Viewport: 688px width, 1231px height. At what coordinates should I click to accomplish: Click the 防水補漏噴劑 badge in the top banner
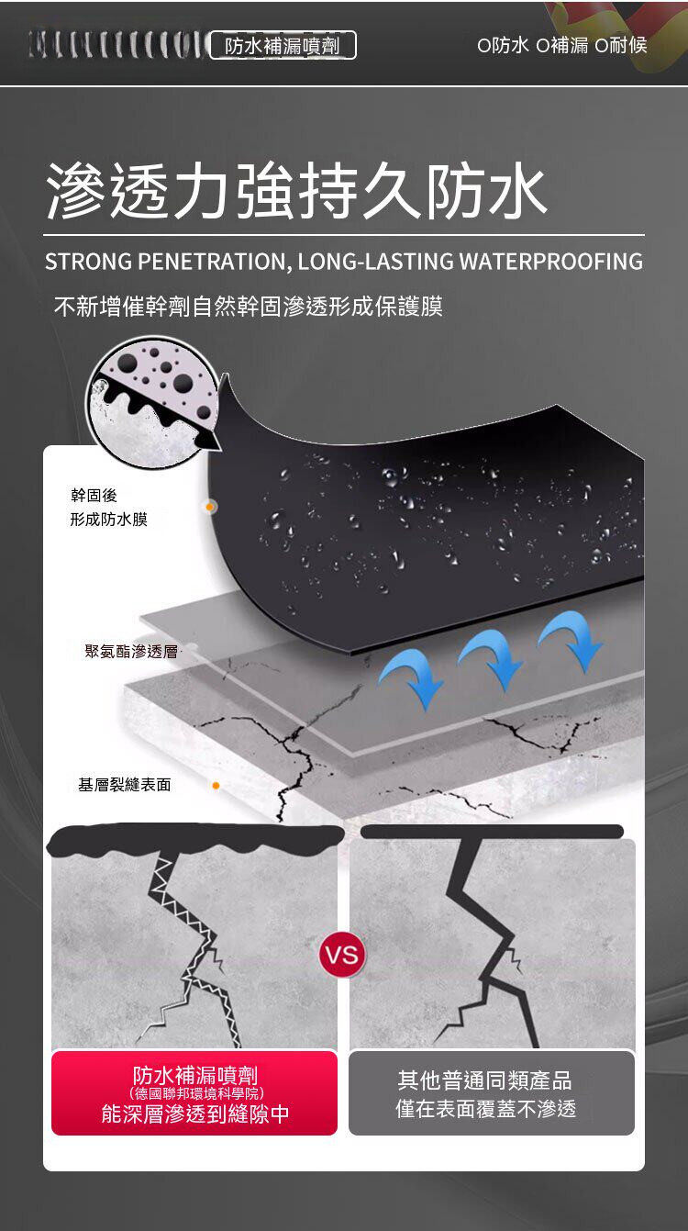[x=283, y=46]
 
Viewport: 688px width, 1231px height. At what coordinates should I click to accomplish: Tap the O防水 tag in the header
[x=503, y=46]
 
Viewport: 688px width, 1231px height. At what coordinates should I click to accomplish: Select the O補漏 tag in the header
[x=561, y=46]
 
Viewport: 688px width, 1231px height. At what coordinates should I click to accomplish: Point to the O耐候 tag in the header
[x=621, y=46]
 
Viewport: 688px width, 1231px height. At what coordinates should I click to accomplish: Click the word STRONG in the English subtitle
[x=88, y=262]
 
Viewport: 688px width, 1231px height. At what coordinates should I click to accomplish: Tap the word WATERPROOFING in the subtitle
[x=550, y=262]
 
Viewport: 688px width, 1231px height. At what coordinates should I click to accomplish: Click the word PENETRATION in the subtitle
[x=215, y=262]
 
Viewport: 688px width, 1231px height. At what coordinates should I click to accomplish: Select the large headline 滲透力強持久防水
[x=296, y=190]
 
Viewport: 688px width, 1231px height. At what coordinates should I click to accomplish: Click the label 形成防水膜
[x=109, y=520]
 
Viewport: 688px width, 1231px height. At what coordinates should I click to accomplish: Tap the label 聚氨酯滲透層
[x=131, y=651]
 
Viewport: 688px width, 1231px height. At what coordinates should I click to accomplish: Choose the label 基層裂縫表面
[x=124, y=785]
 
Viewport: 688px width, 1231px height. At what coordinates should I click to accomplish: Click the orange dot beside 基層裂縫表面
[x=216, y=786]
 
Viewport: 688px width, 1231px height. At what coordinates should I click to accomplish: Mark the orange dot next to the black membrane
[x=209, y=507]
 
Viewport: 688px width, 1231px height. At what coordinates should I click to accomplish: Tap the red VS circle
[x=343, y=955]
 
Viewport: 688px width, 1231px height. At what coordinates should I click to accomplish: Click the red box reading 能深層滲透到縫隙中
[x=194, y=1092]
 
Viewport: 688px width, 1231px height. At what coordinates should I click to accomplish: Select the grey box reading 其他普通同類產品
[x=492, y=1092]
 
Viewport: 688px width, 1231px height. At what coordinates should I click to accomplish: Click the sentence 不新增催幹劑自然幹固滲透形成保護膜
[x=249, y=307]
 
